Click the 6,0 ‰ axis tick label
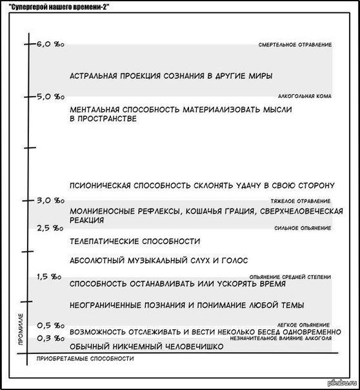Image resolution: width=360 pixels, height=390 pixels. click(50, 45)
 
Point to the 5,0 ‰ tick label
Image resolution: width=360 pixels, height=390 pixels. click(50, 96)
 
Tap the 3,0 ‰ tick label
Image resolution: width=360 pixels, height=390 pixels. click(50, 201)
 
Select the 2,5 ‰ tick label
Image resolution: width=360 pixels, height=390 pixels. click(50, 227)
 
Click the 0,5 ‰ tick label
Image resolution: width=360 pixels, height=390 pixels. click(50, 325)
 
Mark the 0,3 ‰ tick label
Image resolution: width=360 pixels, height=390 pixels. click(50, 338)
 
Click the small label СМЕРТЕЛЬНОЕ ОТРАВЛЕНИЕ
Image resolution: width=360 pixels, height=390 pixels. click(294, 45)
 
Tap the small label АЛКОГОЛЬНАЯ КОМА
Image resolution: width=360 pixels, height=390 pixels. click(305, 96)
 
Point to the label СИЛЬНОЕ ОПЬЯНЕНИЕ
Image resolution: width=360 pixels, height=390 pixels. click(302, 227)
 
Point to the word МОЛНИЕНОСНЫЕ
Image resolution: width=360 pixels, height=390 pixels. click(101, 211)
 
